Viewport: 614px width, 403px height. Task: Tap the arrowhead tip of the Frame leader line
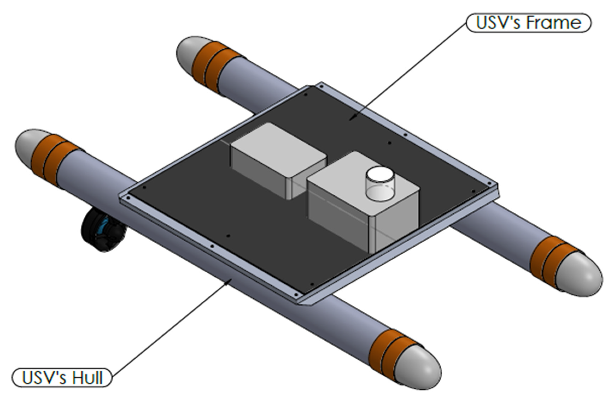pos(350,120)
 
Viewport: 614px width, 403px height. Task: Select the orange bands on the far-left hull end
pos(53,160)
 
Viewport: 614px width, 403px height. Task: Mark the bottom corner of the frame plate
pos(304,304)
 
